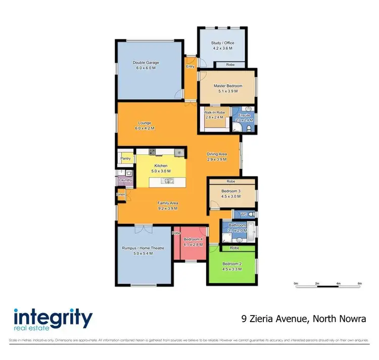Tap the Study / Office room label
click(x=222, y=43)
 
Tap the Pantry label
click(x=126, y=159)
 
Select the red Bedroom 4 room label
click(x=193, y=239)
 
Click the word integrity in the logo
click(x=53, y=319)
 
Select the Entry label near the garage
click(x=191, y=66)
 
